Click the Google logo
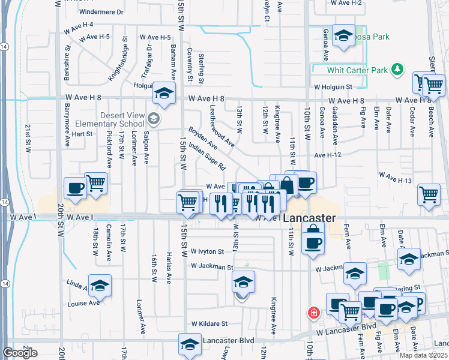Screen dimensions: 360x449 [20, 353]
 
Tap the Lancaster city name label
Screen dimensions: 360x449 [309, 218]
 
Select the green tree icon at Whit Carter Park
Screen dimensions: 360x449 [396, 70]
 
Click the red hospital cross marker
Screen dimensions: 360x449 [313, 313]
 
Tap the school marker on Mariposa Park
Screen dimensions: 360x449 [343, 35]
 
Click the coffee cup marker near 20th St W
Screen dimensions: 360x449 [75, 188]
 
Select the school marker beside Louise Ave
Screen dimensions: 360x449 [100, 285]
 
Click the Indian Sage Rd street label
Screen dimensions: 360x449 [206, 156]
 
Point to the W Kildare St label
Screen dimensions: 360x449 [209, 323]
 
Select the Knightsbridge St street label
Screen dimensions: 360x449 [118, 58]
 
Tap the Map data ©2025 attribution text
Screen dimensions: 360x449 [423, 355]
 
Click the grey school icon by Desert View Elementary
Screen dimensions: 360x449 [154, 119]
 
